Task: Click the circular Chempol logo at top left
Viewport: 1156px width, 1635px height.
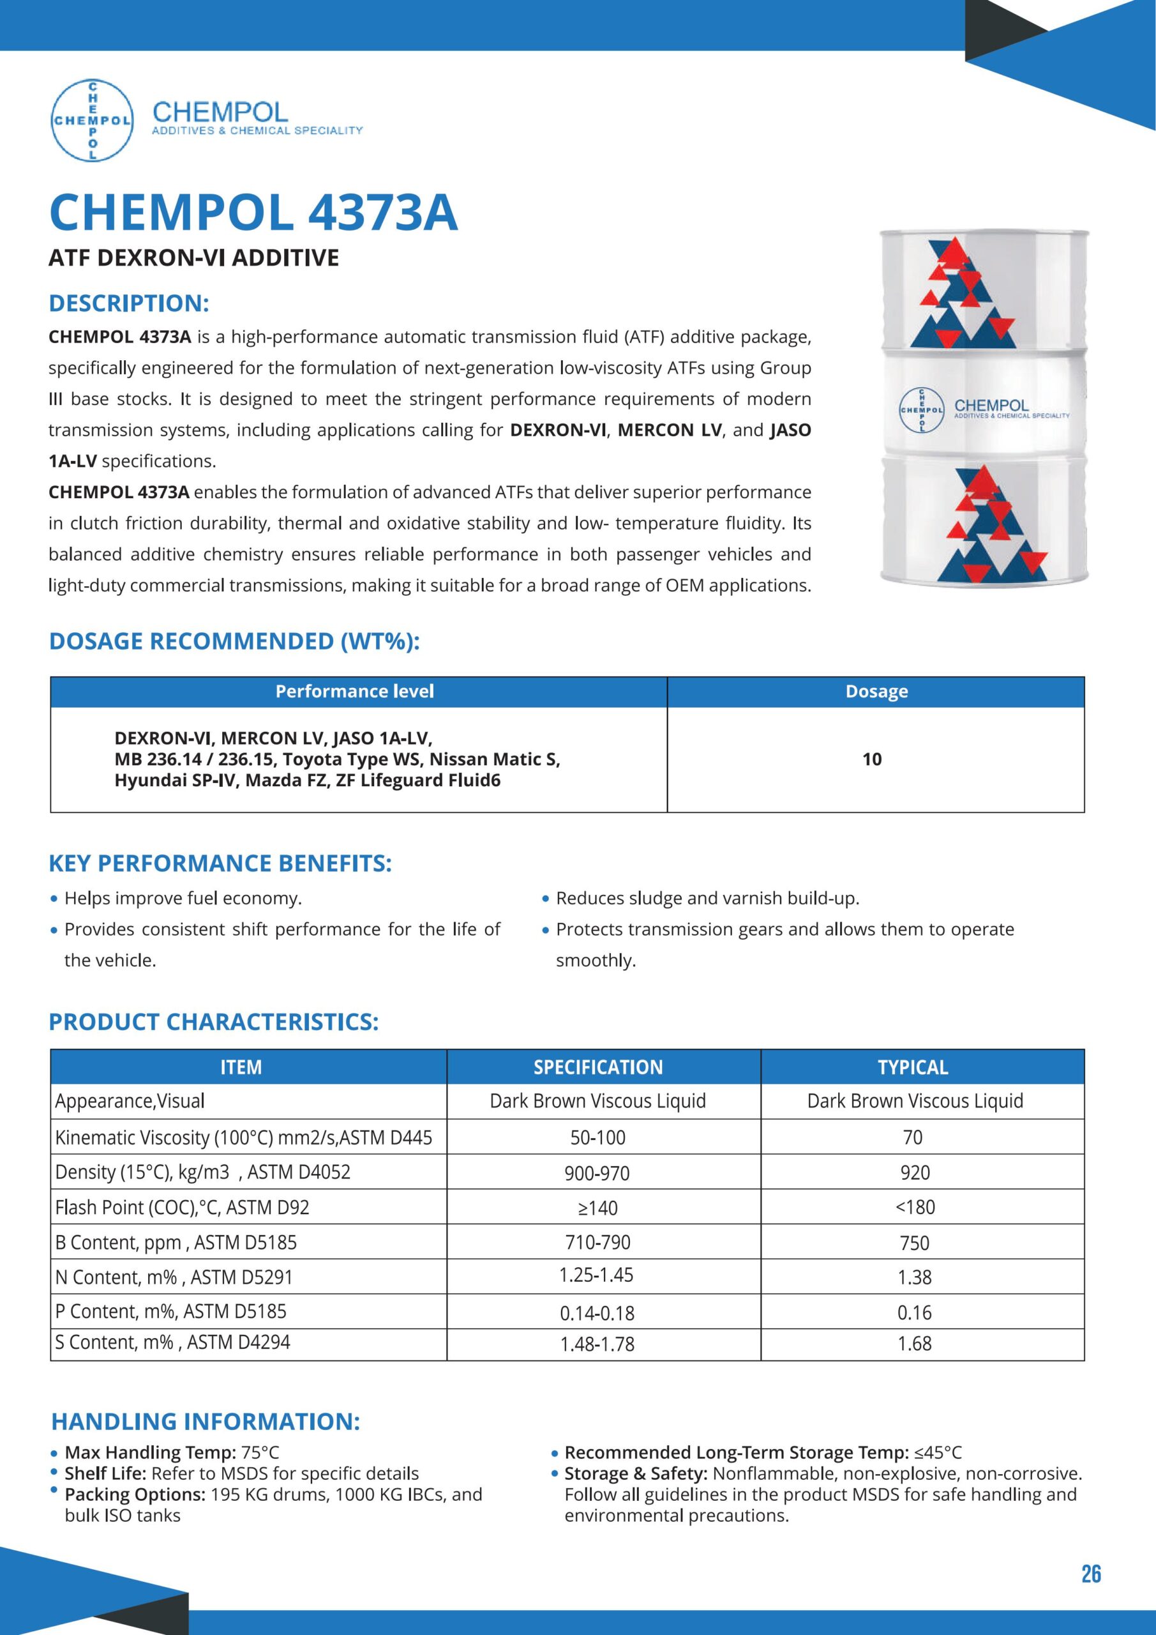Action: [92, 120]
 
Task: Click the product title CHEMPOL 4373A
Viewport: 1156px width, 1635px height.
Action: [253, 213]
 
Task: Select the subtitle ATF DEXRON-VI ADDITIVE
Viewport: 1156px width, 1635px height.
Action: [193, 258]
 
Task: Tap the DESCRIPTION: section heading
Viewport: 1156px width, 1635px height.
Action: [129, 303]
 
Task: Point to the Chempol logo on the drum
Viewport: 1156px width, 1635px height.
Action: [922, 410]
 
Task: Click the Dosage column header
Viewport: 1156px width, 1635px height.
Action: [876, 692]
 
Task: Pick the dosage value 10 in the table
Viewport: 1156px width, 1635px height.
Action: [872, 759]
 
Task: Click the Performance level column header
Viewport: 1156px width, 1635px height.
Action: [354, 692]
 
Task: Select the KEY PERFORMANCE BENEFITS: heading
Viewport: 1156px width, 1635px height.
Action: [220, 863]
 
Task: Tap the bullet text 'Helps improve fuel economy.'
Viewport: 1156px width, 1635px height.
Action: [183, 899]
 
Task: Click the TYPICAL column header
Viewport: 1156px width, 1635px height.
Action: [913, 1067]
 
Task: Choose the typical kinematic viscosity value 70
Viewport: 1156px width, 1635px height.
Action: [913, 1137]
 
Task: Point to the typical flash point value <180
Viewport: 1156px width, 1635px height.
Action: [915, 1208]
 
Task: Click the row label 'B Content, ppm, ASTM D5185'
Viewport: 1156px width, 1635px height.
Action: [176, 1243]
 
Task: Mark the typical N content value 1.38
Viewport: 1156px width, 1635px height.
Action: [915, 1277]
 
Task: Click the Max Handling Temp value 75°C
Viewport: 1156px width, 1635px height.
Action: [260, 1453]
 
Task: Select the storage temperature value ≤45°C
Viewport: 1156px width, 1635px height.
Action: [938, 1453]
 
